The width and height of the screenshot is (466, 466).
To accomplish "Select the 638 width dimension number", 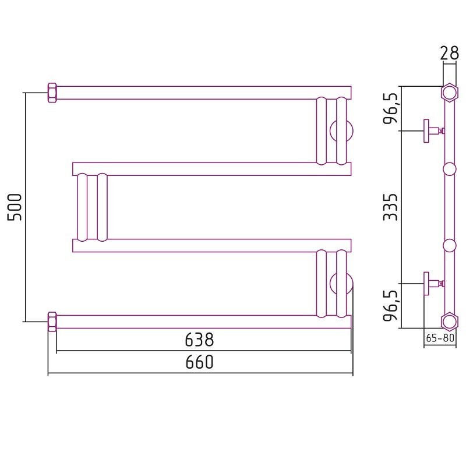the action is pos(199,340).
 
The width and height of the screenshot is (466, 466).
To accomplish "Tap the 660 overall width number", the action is pos(199,362).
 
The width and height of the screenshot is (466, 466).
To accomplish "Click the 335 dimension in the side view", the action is pos(390,207).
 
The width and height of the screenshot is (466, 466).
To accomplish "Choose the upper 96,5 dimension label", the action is pos(390,108).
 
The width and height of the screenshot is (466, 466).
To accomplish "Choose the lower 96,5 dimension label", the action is pos(390,306).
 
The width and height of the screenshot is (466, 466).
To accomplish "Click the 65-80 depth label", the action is pos(440,338).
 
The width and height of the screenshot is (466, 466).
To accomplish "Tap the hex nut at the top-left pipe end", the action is pos(52,93).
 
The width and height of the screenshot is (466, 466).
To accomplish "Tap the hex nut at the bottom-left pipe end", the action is pos(52,322).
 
